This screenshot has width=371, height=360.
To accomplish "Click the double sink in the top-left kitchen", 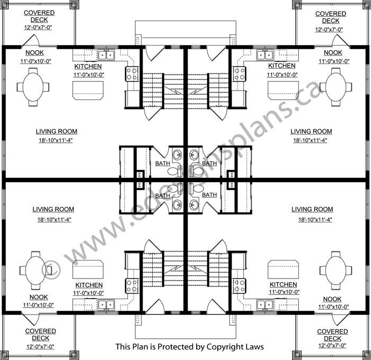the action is pyautogui.click(x=106, y=55).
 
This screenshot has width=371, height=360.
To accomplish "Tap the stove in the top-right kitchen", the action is pyautogui.click(x=240, y=74).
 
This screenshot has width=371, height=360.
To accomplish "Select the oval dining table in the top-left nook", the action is pyautogui.click(x=33, y=87).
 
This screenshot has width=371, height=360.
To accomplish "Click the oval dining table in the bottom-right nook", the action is pyautogui.click(x=335, y=271).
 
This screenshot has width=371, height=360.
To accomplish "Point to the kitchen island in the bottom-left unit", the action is pyautogui.click(x=88, y=269).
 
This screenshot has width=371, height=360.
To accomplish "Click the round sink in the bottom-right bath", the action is pyautogui.click(x=194, y=204).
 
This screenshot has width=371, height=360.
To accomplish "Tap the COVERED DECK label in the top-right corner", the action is pyautogui.click(x=331, y=17).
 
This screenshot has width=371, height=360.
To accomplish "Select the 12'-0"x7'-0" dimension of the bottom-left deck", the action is pyautogui.click(x=40, y=347).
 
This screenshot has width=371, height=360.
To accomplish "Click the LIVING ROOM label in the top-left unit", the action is pyautogui.click(x=57, y=131).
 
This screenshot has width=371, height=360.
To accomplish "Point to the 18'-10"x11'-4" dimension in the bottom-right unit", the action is pyautogui.click(x=315, y=220).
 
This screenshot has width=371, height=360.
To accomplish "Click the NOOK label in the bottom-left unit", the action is pyautogui.click(x=39, y=297).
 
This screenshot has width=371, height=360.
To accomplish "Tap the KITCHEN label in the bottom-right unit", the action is pyautogui.click(x=283, y=284).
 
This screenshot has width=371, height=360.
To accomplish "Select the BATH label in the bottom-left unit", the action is pyautogui.click(x=163, y=195).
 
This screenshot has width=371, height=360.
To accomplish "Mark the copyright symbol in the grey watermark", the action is pyautogui.click(x=51, y=269).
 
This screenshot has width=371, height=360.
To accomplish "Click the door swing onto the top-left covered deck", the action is pyautogui.click(x=30, y=40).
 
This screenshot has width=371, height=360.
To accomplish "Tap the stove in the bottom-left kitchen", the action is pyautogui.click(x=132, y=285).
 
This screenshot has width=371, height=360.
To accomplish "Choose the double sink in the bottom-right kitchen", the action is pyautogui.click(x=265, y=305).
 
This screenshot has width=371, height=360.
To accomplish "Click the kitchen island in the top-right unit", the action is pyautogui.click(x=283, y=91).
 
